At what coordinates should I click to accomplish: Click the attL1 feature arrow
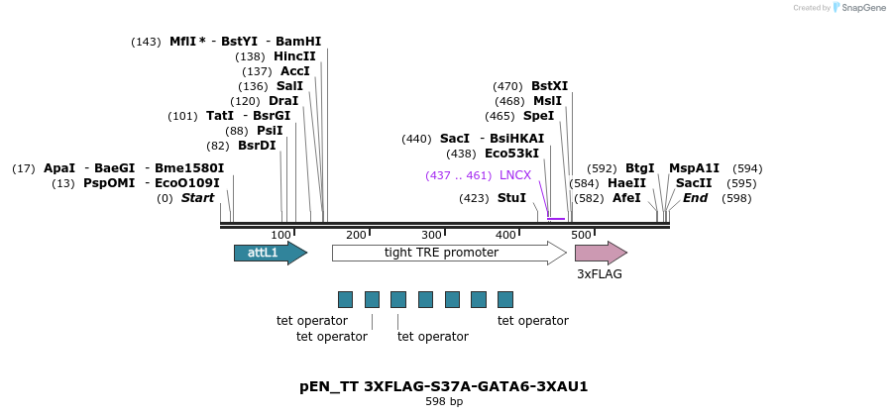point(271,253)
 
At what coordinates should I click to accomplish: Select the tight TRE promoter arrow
point(450,253)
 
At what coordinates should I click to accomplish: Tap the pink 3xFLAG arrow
point(601,253)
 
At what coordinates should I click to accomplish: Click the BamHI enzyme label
point(298,42)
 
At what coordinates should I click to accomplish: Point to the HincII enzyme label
point(294,56)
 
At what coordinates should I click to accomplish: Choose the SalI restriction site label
point(289,86)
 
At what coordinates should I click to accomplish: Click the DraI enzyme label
point(283,101)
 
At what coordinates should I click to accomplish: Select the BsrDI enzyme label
point(257,146)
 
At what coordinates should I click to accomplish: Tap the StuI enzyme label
point(511,198)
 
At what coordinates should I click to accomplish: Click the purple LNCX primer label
point(515,175)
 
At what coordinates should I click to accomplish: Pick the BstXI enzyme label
point(549,86)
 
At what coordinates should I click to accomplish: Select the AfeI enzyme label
point(626,198)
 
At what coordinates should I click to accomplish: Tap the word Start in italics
point(197,198)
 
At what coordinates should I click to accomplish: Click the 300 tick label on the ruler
point(431,235)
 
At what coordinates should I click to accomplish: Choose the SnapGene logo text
point(863,7)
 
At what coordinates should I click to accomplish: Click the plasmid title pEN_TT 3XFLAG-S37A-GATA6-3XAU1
point(444,387)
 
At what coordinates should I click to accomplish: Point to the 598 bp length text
point(444,402)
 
